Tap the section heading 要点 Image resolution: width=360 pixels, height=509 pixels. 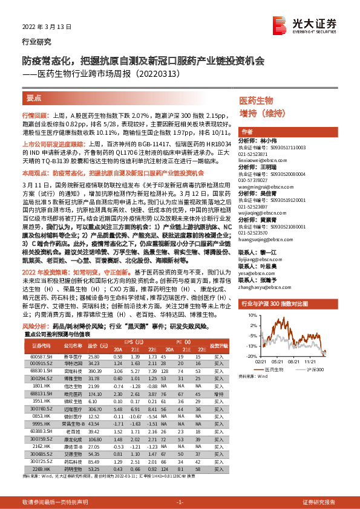tap(34, 97)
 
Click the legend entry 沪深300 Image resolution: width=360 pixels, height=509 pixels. tap(318, 368)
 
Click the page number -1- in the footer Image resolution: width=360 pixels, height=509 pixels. tap(180, 502)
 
